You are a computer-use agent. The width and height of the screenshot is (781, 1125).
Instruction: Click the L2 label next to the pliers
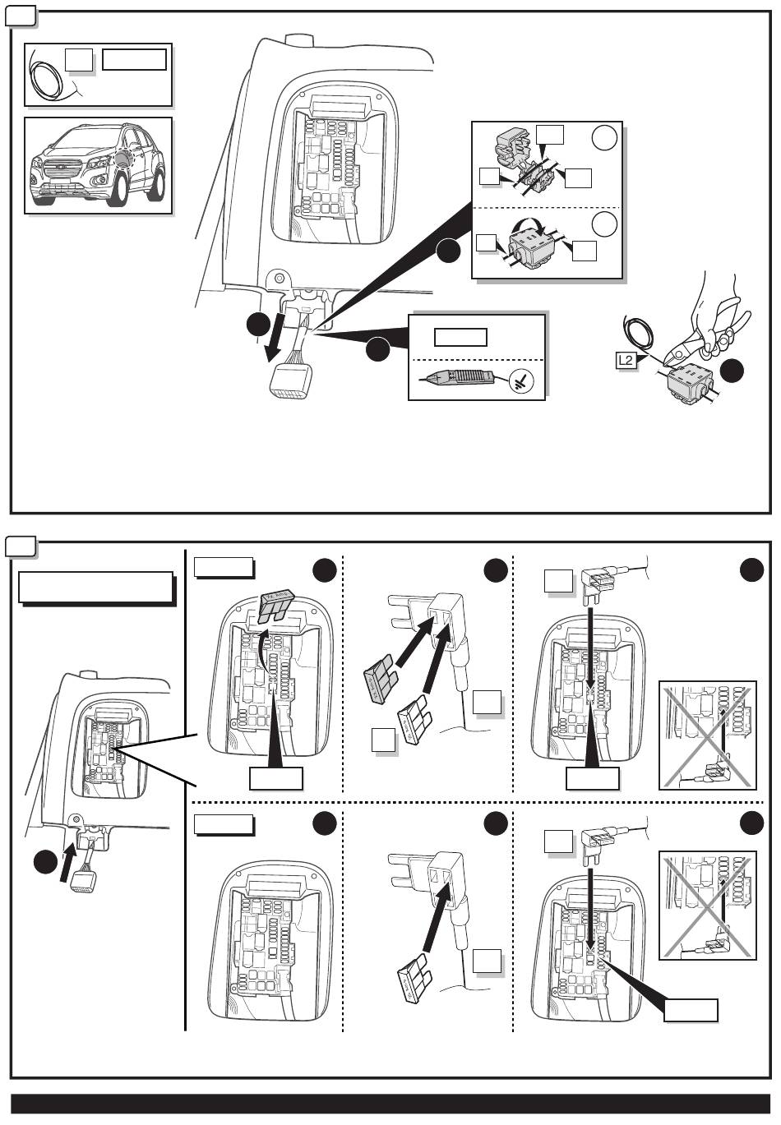pos(627,359)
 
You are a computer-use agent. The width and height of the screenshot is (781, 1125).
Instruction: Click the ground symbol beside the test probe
pos(518,380)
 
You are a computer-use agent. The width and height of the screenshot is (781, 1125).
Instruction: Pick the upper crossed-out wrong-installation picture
pos(708,735)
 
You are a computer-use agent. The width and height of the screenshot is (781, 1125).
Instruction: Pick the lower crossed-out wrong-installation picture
pos(708,906)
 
